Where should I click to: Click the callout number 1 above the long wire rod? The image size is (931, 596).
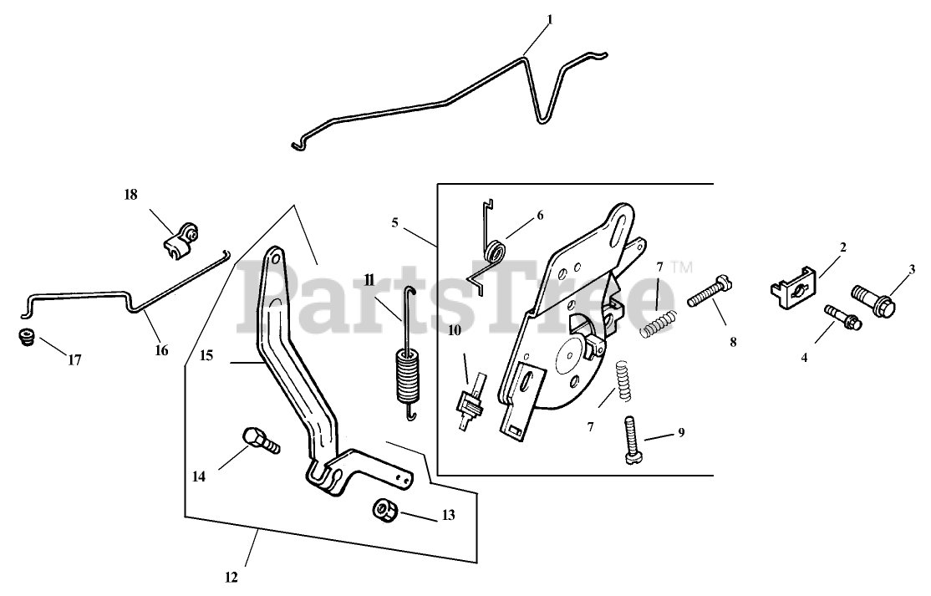point(550,19)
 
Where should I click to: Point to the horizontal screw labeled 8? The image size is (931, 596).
point(709,293)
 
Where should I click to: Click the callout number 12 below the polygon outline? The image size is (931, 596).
point(231,577)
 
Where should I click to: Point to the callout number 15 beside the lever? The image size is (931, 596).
point(206,356)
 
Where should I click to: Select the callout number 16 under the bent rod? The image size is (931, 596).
point(161,350)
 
